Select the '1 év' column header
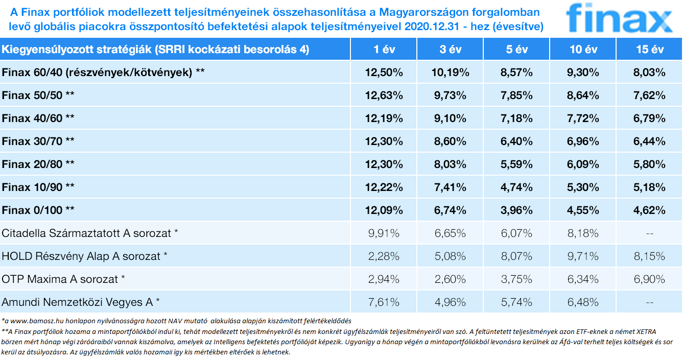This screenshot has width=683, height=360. click(383, 50)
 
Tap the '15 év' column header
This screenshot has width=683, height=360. click(649, 50)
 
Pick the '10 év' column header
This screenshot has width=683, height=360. click(583, 50)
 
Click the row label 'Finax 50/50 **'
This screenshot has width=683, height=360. click(38, 95)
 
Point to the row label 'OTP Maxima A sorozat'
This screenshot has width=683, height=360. click(63, 279)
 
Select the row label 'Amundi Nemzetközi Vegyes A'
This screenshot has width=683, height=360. click(80, 302)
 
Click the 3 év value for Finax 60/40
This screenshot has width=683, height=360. click(450, 73)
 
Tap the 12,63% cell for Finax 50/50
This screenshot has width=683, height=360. click(383, 95)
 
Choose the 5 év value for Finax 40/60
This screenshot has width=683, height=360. click(516, 118)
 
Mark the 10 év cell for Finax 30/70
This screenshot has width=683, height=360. click(583, 141)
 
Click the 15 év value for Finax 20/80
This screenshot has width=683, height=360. click(649, 164)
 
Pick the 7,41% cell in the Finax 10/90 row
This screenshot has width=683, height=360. click(450, 187)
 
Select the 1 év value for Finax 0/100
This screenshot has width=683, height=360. click(383, 210)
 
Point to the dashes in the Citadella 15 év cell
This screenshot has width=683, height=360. click(649, 233)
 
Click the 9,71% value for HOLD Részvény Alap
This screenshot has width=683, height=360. click(583, 256)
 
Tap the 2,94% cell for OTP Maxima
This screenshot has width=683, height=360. click(383, 279)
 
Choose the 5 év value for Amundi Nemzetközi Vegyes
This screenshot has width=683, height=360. click(516, 302)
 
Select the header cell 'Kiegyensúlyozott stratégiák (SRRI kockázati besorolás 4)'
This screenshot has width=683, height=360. click(156, 50)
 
